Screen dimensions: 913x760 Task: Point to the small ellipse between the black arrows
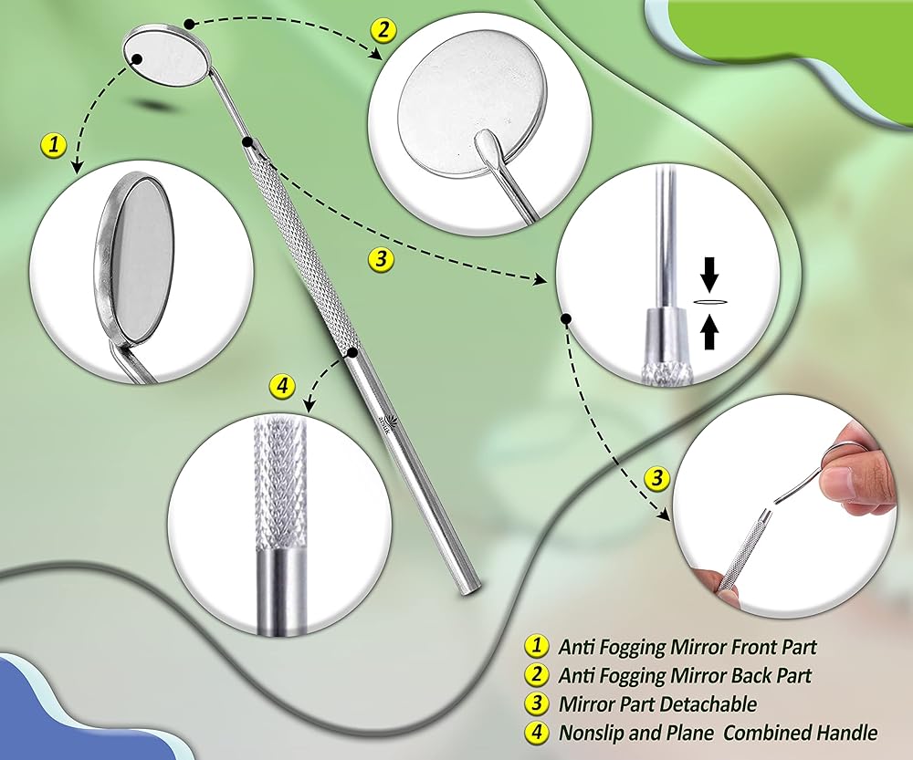(x=709, y=301)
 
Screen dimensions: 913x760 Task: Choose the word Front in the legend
(x=726, y=647)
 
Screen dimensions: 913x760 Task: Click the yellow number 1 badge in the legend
(x=535, y=647)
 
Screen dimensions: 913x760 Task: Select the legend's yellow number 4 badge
(x=535, y=732)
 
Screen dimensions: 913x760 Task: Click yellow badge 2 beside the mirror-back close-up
(x=383, y=31)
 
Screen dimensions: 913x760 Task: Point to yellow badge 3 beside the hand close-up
(x=656, y=477)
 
